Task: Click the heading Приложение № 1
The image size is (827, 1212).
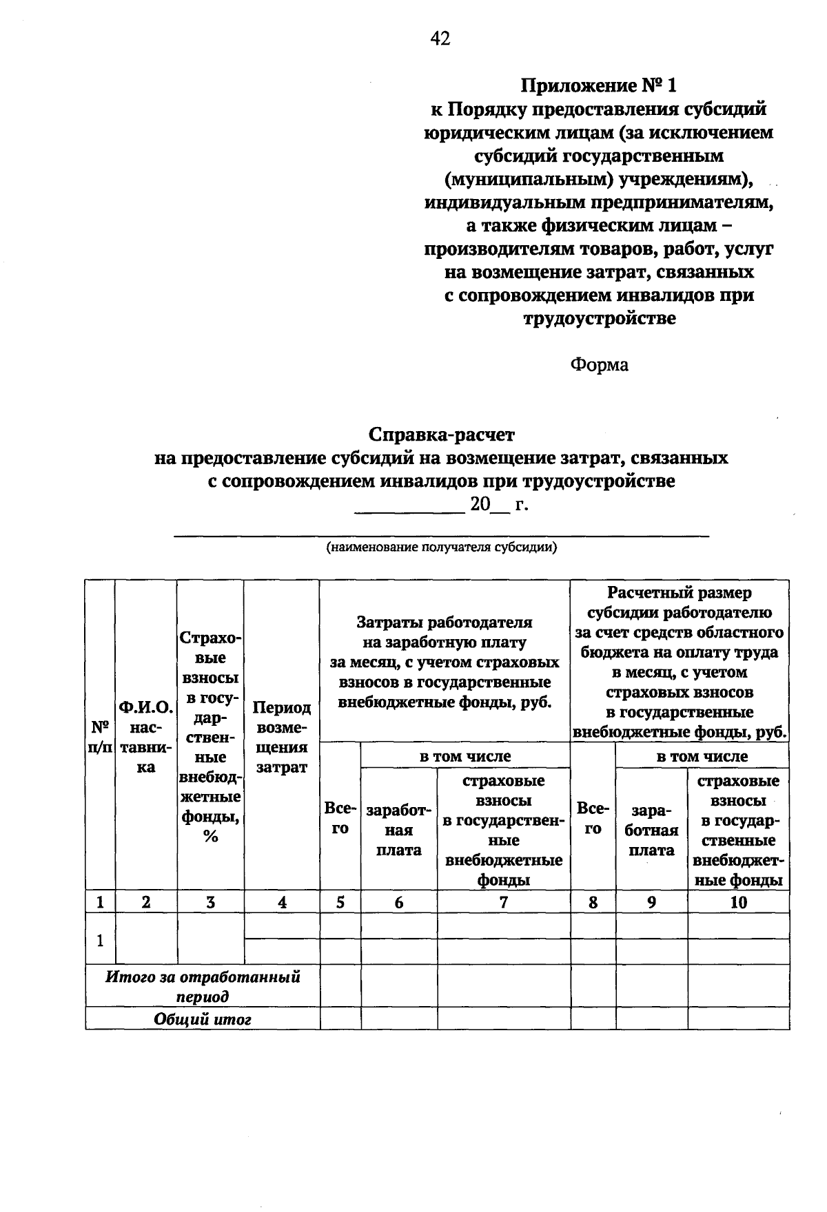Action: (x=598, y=85)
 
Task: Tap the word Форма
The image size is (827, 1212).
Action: (x=598, y=364)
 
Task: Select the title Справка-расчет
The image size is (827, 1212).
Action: (x=441, y=435)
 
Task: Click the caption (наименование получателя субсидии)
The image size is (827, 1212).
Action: (x=441, y=548)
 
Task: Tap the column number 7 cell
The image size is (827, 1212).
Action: (x=503, y=902)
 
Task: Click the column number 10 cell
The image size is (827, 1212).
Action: (x=738, y=902)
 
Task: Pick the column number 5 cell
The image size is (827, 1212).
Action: (x=340, y=902)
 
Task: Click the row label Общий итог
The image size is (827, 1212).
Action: (x=203, y=1019)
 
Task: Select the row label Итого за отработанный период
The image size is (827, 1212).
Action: (x=203, y=986)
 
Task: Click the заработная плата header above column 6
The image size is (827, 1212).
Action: (x=398, y=830)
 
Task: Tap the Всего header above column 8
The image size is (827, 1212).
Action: (x=593, y=818)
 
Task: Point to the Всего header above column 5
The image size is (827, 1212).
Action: (x=340, y=818)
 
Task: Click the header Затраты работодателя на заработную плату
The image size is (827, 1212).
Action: (x=445, y=662)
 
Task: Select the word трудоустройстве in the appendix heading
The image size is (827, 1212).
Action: (x=598, y=319)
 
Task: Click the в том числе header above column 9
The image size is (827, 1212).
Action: (x=702, y=756)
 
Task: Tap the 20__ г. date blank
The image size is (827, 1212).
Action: (x=441, y=505)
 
